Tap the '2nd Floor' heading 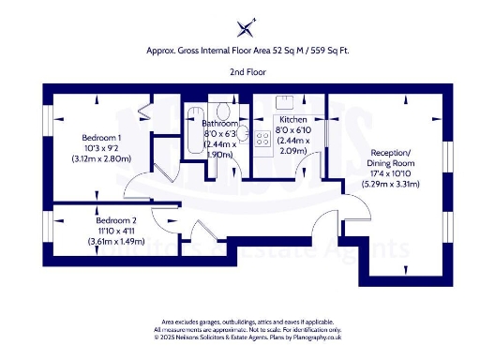[x=246, y=71]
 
